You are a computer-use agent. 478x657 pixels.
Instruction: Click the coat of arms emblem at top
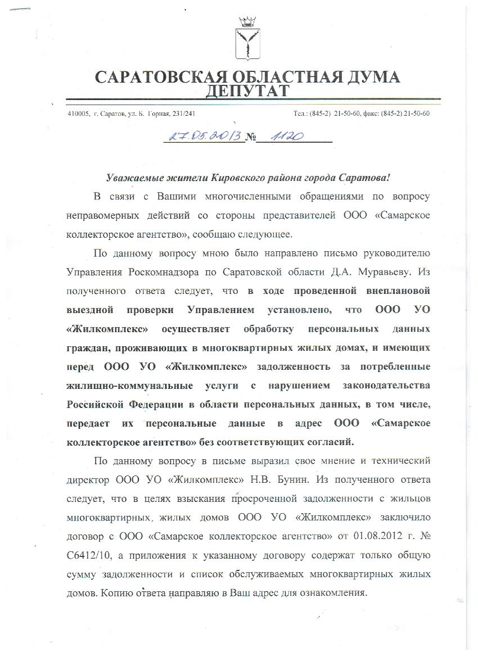246,40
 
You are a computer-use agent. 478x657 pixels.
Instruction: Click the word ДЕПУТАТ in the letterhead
247,90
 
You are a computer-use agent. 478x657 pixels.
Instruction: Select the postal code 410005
78,114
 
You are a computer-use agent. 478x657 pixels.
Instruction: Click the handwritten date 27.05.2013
202,137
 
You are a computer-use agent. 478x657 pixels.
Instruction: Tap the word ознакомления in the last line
333,594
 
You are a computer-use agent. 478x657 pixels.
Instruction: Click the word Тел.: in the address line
301,114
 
